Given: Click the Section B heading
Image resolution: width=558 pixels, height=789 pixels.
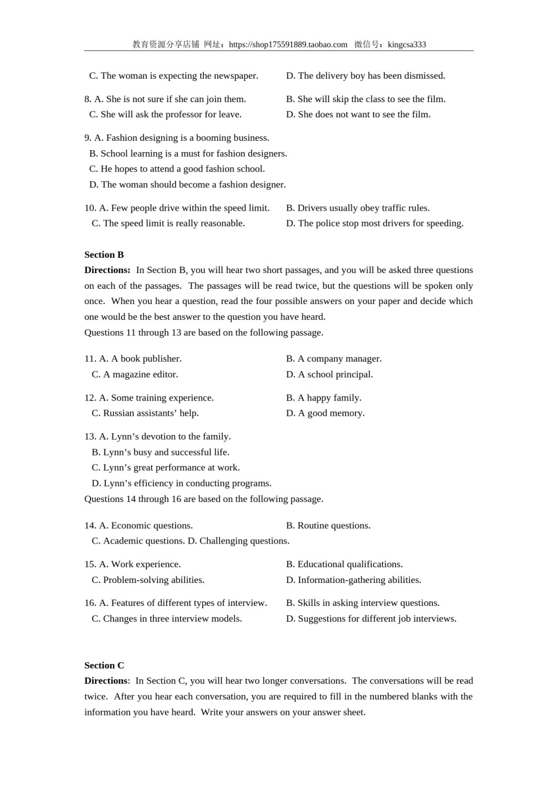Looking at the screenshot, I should (x=104, y=255).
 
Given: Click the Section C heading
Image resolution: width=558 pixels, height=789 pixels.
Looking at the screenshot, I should (x=104, y=665).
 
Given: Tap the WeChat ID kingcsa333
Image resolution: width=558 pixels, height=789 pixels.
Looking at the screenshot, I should (x=406, y=45).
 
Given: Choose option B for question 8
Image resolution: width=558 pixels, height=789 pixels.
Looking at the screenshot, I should (x=365, y=99).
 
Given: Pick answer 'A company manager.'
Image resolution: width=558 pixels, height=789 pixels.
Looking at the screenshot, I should (x=334, y=359).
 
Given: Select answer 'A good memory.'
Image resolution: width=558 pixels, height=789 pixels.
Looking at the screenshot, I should (x=325, y=413).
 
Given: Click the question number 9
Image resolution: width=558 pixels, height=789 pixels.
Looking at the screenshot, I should (x=88, y=138).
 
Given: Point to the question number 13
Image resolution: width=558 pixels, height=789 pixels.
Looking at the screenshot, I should (x=90, y=437).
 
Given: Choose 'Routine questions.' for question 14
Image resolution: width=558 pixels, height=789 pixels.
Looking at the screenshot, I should (x=328, y=525).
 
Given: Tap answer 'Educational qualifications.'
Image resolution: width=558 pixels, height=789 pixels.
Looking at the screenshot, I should (x=344, y=564).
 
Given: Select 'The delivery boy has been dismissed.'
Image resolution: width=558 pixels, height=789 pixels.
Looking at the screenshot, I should (x=365, y=76).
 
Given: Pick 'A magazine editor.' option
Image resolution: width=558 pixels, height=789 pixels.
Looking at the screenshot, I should (x=135, y=375).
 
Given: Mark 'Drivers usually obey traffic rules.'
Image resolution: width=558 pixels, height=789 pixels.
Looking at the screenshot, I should (x=358, y=208).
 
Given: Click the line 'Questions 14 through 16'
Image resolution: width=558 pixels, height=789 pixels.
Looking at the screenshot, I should (x=203, y=499).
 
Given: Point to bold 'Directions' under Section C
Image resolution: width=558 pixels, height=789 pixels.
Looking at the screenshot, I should (x=106, y=681).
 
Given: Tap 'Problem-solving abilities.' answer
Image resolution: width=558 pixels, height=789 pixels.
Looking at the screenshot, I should (x=148, y=580).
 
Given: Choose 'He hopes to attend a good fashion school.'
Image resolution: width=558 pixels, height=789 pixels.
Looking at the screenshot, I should (x=177, y=169).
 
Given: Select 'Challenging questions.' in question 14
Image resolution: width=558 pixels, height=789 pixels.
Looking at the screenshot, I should (x=238, y=541).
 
